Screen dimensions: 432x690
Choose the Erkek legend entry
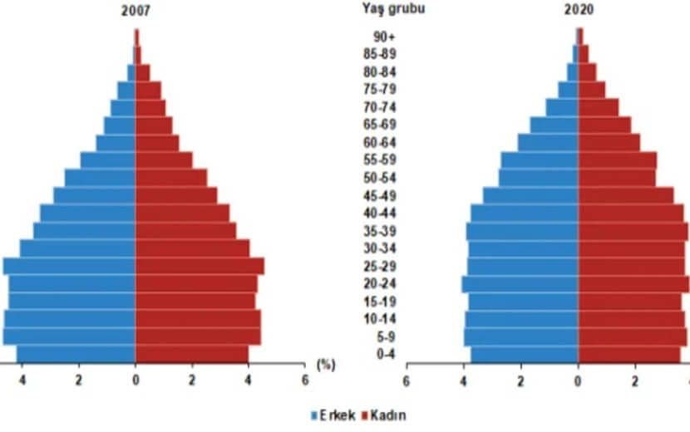[x=333, y=414]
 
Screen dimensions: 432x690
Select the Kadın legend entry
[x=383, y=414]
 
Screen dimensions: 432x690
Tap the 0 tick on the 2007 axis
[x=136, y=380]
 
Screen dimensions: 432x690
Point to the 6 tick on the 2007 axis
[x=305, y=380]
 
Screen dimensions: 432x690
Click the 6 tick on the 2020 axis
[x=407, y=380]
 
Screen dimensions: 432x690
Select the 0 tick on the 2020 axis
[x=578, y=380]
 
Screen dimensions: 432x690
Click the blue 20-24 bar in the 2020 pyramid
[x=520, y=284]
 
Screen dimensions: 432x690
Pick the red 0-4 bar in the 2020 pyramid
[x=628, y=355]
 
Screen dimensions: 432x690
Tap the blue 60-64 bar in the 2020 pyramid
[x=548, y=143]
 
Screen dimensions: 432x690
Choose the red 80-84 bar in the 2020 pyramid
[x=587, y=72]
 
